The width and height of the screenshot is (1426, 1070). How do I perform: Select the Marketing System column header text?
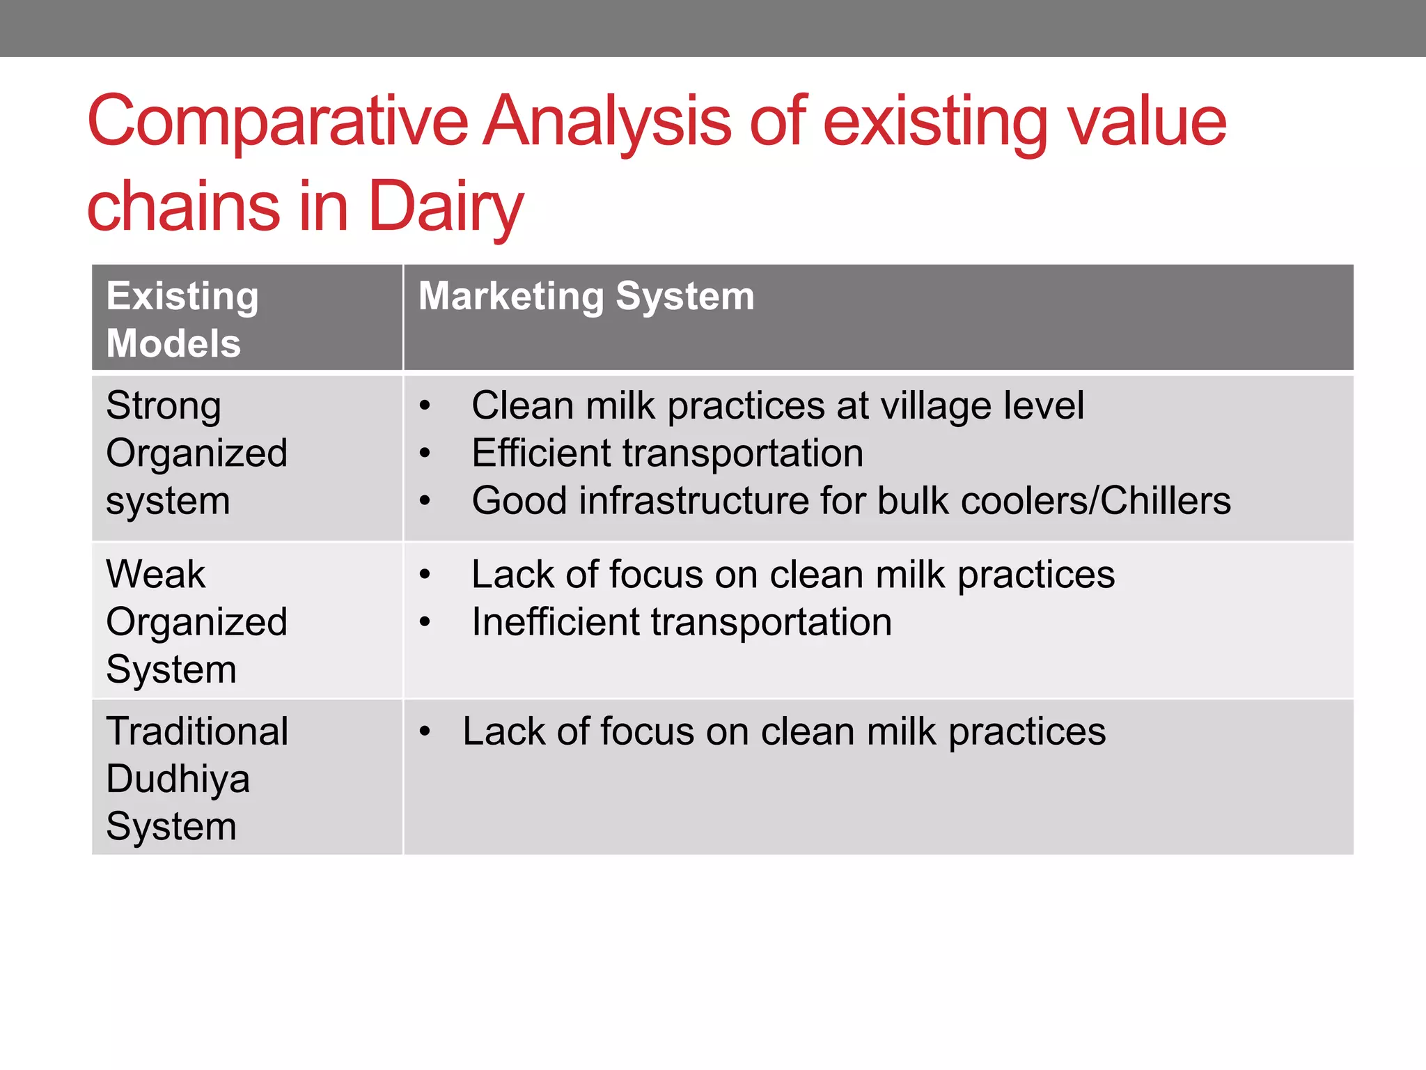586,296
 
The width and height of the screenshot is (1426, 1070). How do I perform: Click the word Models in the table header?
173,343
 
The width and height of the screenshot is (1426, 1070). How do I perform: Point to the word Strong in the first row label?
164,405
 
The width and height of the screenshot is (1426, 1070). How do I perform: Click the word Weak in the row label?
155,575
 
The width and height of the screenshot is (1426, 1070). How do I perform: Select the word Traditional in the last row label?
197,731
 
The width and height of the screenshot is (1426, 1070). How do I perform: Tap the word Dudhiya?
178,779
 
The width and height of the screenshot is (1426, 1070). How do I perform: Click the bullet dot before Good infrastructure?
425,501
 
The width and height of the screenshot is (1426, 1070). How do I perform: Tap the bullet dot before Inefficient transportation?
425,622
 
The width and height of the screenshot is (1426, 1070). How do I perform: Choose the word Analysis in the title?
606,122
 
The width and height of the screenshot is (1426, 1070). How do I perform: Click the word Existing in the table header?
182,296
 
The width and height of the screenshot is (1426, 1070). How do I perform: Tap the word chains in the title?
183,207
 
